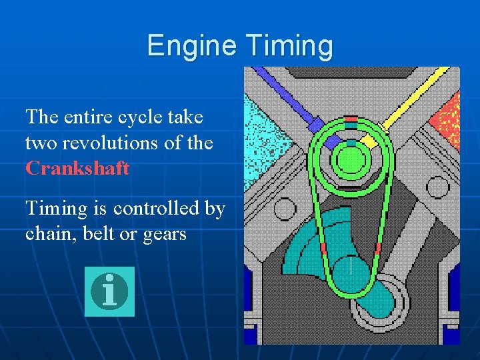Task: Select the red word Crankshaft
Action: coord(77,167)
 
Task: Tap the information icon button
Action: coord(109,291)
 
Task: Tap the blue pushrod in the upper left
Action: coord(287,100)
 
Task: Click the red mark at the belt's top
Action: coord(351,119)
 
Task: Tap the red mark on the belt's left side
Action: coord(323,247)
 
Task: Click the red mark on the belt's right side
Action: coord(378,249)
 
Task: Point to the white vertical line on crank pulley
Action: coord(351,267)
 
